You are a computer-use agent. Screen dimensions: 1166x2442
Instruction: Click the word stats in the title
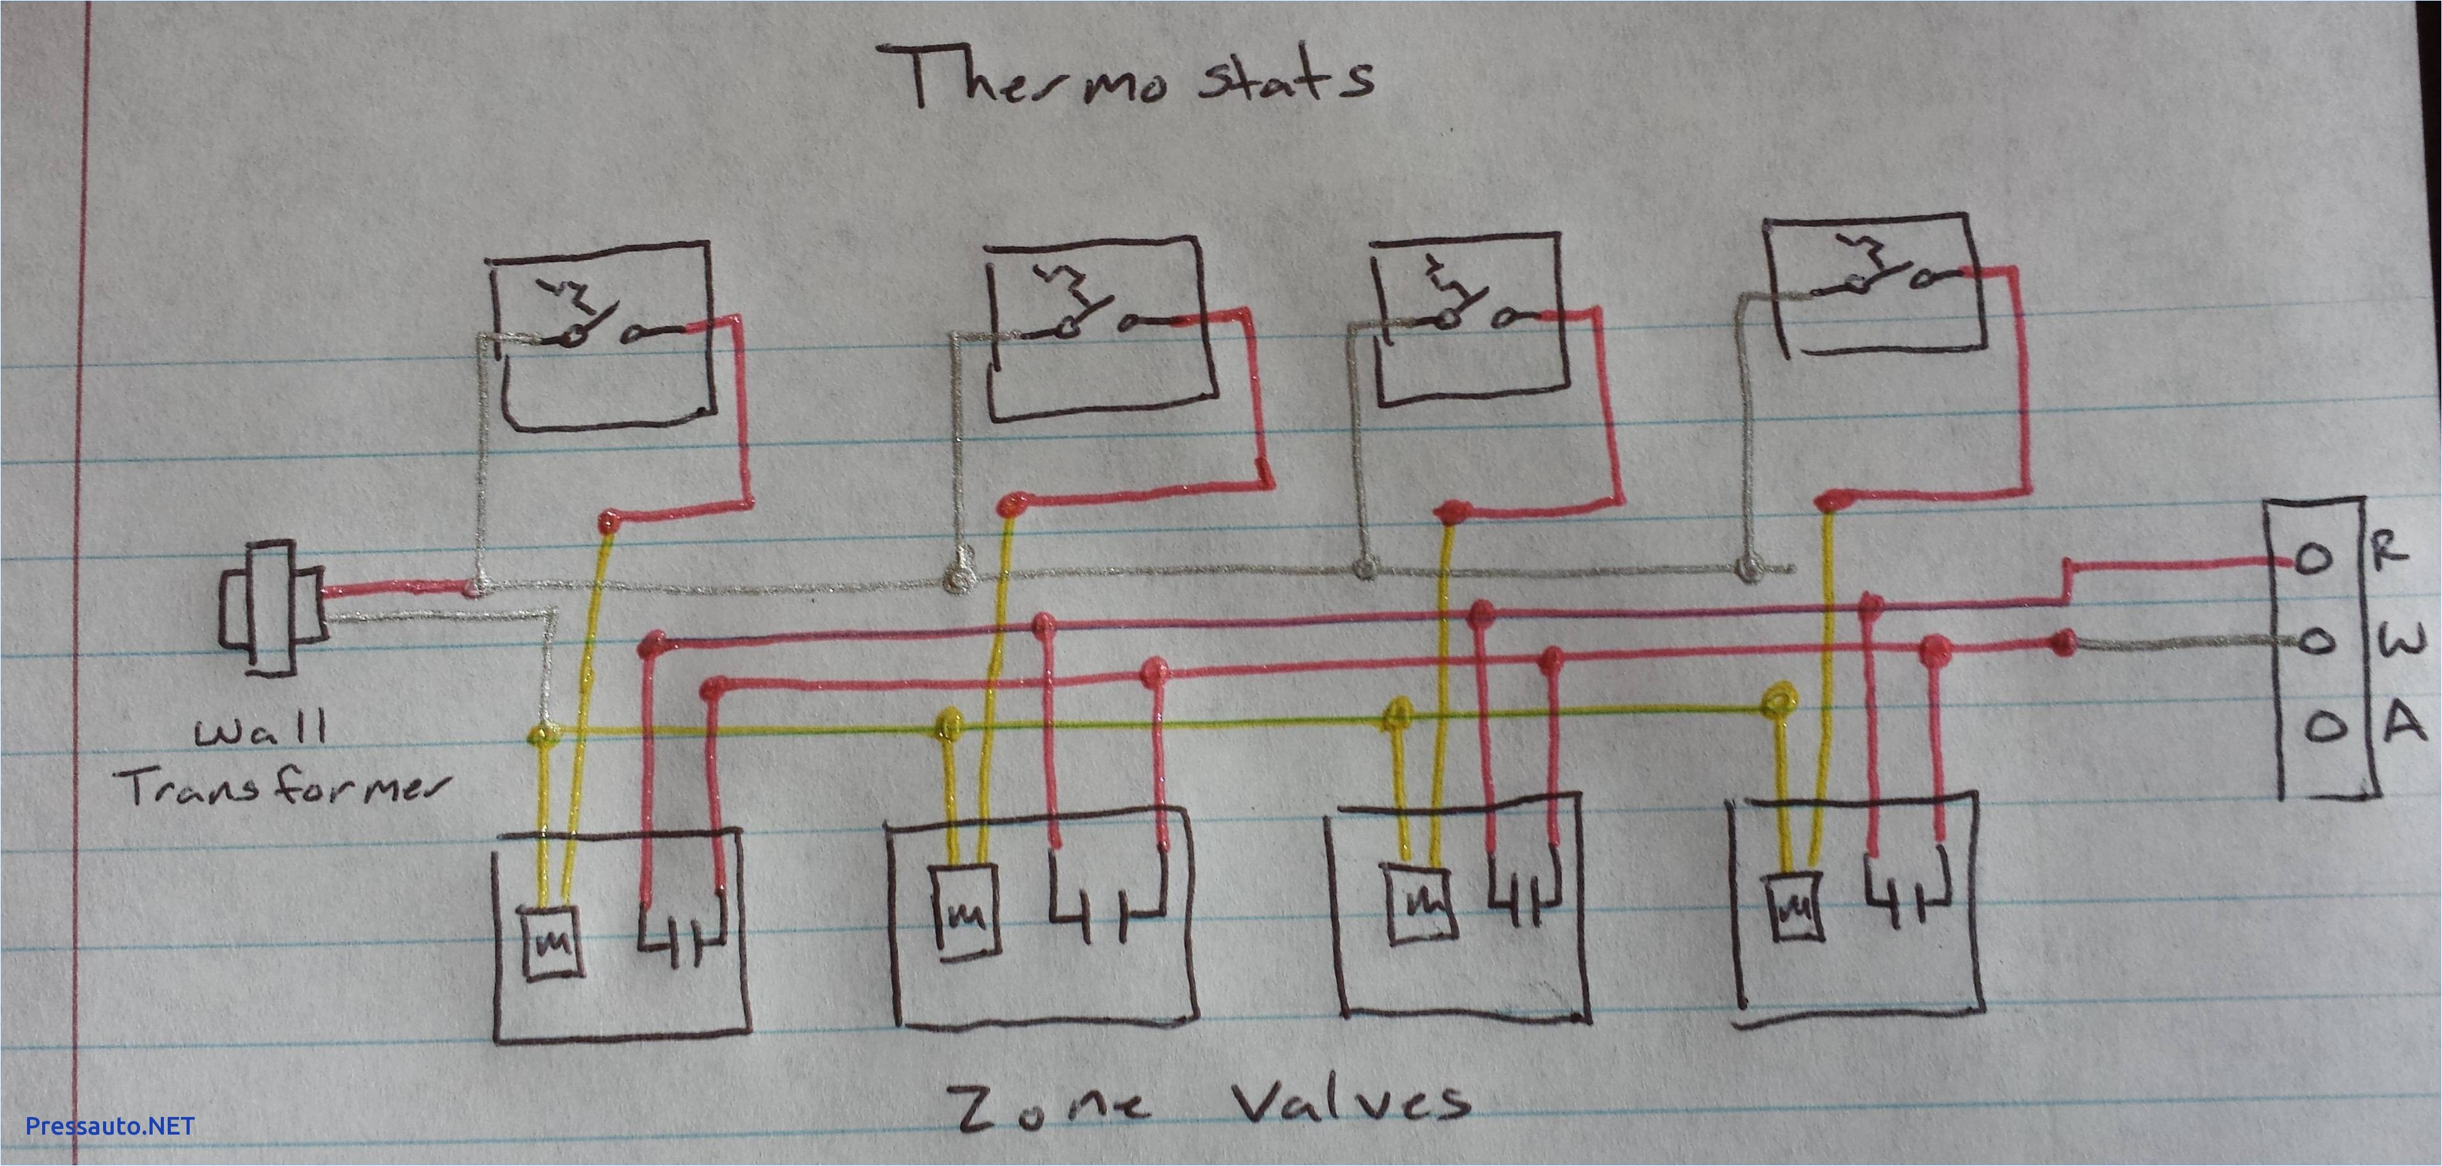pyautogui.click(x=1284, y=80)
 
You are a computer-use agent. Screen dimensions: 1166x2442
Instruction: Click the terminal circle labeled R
pyautogui.click(x=2313, y=560)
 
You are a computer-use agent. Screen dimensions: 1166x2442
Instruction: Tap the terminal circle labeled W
pyautogui.click(x=2313, y=642)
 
